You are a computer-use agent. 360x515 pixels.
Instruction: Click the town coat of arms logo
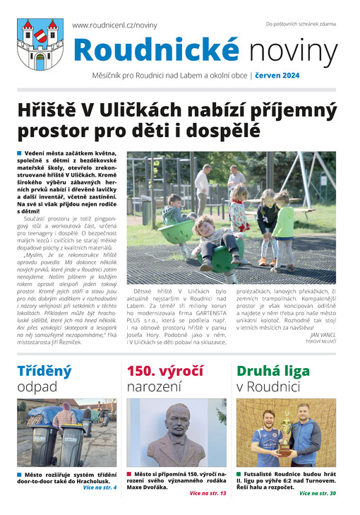pos(40,43)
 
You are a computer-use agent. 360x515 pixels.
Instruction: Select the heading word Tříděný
pos(44,371)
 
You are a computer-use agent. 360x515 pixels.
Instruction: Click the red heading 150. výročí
pos(164,371)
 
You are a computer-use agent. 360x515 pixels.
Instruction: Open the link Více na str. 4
pos(99,487)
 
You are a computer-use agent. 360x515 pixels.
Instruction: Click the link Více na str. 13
pos(208,492)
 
